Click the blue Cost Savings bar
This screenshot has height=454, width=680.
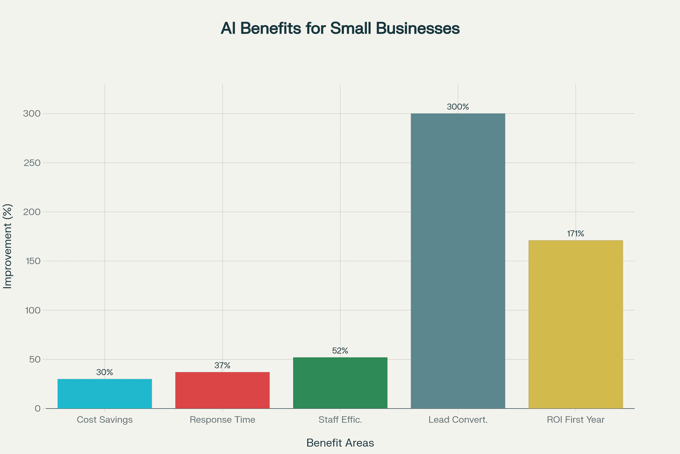pos(105,394)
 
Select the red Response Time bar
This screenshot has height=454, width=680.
pos(222,390)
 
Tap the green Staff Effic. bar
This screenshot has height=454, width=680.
pos(340,383)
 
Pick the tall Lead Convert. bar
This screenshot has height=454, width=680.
pos(458,261)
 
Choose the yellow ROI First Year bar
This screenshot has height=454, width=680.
pos(575,324)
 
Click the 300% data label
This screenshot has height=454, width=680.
pos(458,107)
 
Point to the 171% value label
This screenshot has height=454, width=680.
pos(575,234)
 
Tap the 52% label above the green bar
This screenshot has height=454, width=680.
pos(340,351)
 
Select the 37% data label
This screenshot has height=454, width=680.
pos(222,365)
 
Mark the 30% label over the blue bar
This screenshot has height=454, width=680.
pos(105,372)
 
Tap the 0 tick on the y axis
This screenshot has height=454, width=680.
pos(38,408)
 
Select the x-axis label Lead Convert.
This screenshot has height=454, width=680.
pos(458,420)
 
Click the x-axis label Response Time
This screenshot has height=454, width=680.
pos(222,420)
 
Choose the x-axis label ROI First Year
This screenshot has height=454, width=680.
pos(575,420)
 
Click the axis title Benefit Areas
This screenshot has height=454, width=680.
pos(340,443)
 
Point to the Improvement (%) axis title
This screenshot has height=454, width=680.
pos(8,246)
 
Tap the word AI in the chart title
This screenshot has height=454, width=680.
pos(228,28)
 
